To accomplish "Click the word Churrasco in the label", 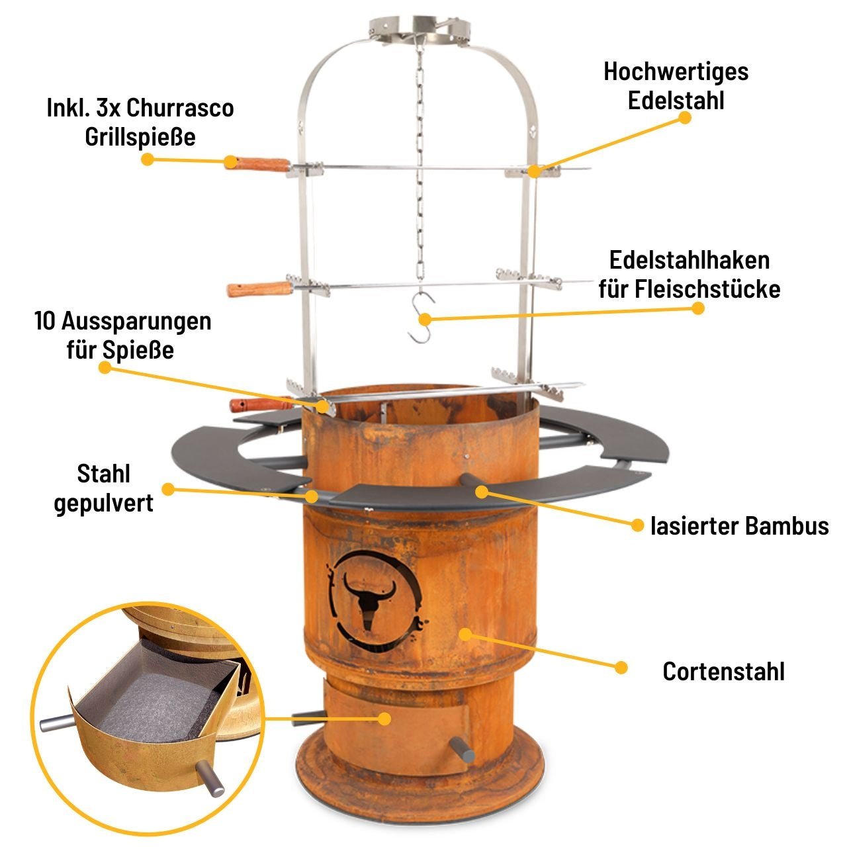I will [180, 107].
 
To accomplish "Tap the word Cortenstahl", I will [723, 672].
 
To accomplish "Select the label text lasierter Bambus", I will [739, 526].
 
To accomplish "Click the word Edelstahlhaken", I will [690, 260].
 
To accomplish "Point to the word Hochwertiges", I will [676, 71].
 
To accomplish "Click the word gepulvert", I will [103, 503].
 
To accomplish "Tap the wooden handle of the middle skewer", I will [259, 289].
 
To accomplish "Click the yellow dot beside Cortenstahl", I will [621, 667].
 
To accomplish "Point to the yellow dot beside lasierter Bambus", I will [637, 525].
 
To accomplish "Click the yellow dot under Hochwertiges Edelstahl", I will [685, 118].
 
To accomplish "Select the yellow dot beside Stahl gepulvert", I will [169, 490].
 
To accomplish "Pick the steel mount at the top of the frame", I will [420, 29].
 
